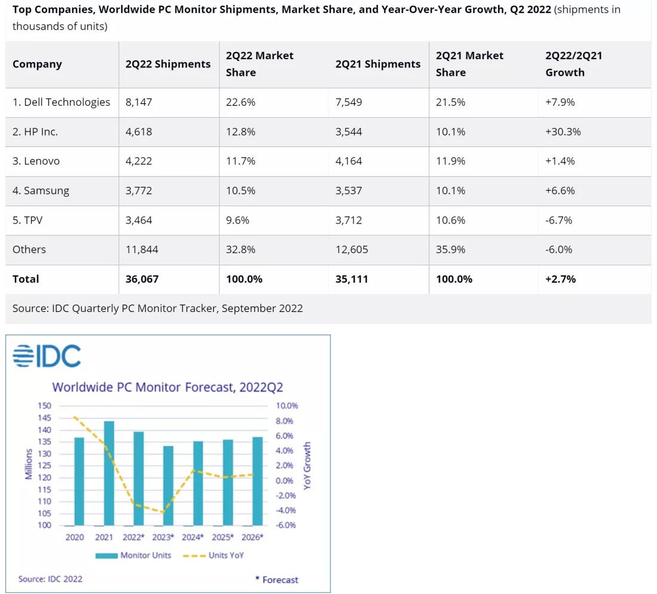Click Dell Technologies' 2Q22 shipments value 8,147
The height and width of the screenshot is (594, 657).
[x=139, y=102]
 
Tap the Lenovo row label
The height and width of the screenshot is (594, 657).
[x=36, y=161]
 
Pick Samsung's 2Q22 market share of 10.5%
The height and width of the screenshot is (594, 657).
[x=241, y=191]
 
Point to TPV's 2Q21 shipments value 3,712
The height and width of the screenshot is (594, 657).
[x=349, y=220]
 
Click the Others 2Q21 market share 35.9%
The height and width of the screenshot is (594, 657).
[x=451, y=249]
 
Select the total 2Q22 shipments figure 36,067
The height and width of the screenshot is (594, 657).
[x=142, y=279]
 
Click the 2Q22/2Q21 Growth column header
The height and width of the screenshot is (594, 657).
[x=573, y=64]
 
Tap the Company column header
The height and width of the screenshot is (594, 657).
[x=37, y=64]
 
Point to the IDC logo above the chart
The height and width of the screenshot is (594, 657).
[x=47, y=356]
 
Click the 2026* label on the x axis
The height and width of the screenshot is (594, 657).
[x=253, y=537]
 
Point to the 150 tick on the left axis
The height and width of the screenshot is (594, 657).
[x=45, y=406]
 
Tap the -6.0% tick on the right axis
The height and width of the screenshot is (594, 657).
[x=286, y=525]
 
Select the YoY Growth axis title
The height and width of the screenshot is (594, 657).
[x=308, y=466]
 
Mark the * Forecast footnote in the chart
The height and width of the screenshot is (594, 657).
[x=277, y=580]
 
